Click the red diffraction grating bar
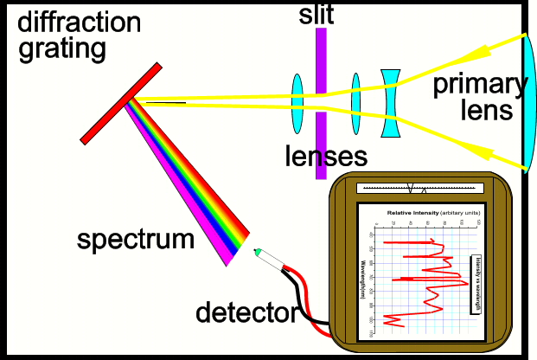121,103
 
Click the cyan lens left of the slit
297,102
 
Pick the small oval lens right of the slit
355,103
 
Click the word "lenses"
326,157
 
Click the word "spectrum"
136,239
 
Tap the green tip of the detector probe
257,252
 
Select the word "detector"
246,311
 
